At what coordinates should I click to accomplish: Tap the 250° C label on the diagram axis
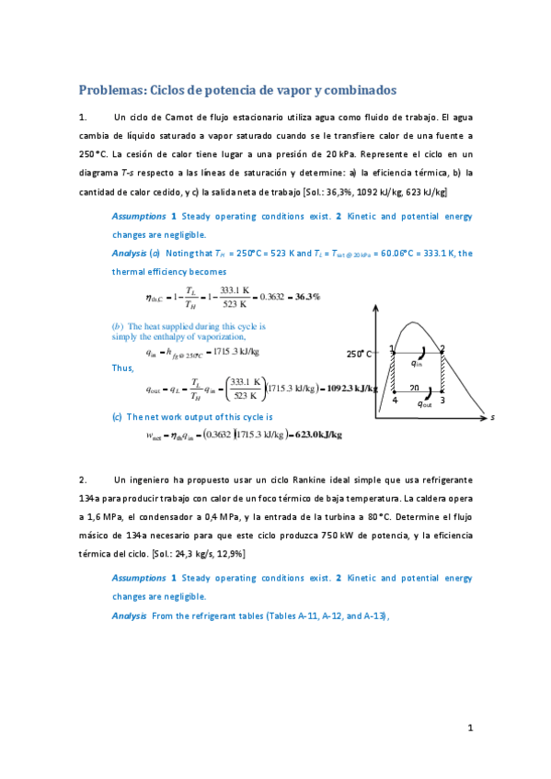coord(360,353)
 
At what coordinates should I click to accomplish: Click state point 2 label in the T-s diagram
coord(442,348)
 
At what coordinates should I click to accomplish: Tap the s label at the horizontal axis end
coord(492,417)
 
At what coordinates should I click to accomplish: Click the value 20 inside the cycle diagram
coord(415,388)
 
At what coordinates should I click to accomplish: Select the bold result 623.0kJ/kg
coord(318,435)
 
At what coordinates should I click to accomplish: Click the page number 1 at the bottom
coord(469,728)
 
